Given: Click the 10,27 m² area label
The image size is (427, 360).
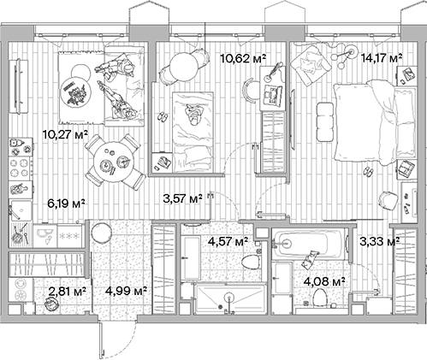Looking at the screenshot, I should [x=66, y=135].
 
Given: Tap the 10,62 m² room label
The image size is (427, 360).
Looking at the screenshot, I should [x=243, y=58].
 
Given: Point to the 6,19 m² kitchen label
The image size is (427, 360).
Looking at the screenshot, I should [x=65, y=203].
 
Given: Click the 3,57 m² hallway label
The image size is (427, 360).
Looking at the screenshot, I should [x=182, y=199].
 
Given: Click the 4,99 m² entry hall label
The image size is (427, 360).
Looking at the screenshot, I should [x=126, y=292].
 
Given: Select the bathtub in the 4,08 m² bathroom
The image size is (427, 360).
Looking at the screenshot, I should [x=309, y=249].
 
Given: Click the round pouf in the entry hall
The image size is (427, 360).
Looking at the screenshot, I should [x=100, y=232].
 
